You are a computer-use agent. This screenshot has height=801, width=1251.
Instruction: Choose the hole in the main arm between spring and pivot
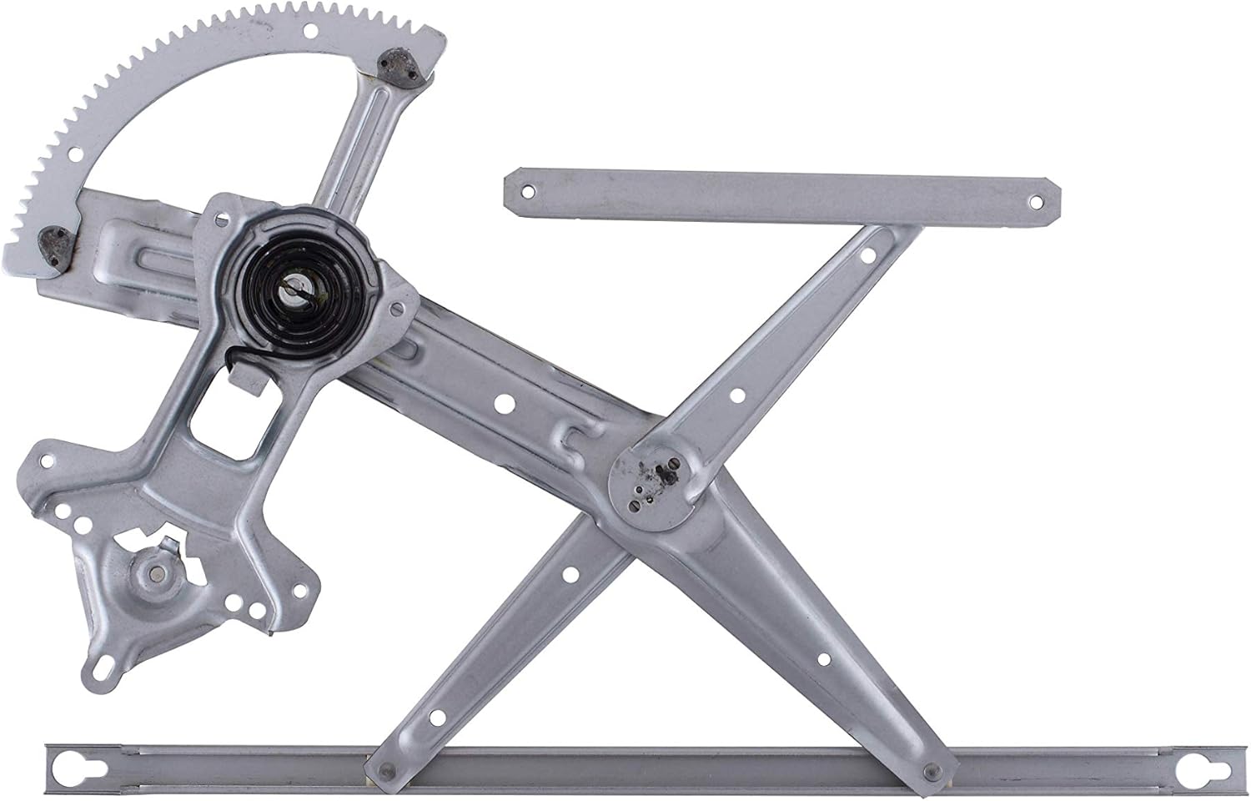503,405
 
